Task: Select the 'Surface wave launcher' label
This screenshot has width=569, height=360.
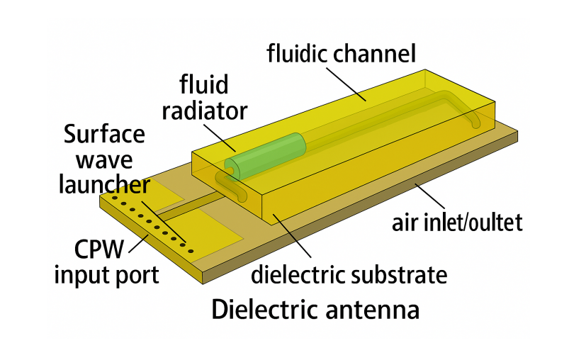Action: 104,159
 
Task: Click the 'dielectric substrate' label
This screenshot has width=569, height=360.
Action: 349,274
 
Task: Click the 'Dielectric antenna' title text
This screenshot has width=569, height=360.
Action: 315,310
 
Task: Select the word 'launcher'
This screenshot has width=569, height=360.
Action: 104,185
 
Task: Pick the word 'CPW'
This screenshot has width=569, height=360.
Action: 103,249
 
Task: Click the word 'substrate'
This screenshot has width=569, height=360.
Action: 402,274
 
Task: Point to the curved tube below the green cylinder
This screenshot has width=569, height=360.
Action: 233,187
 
